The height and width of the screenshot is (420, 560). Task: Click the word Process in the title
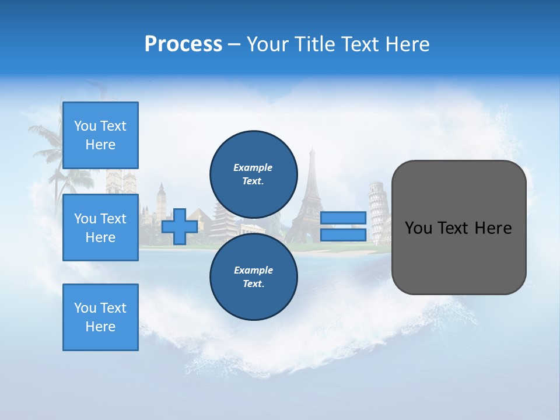(183, 44)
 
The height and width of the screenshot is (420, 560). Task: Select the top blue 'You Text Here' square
(100, 135)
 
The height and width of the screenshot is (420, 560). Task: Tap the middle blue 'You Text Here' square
(100, 228)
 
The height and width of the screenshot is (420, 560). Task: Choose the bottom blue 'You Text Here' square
(100, 317)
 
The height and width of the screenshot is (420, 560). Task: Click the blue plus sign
(180, 226)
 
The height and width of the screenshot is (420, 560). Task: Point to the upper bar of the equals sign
(343, 218)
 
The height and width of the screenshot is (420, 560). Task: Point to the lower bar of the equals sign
(343, 235)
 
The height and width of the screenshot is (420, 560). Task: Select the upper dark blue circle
(253, 174)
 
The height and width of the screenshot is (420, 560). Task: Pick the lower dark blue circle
(253, 276)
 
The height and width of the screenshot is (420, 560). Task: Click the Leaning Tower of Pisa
(378, 210)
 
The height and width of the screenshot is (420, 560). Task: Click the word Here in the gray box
(494, 228)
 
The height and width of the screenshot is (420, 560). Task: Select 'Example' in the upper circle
(253, 167)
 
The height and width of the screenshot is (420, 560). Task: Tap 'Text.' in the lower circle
(253, 284)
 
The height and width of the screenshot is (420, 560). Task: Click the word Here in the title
(408, 44)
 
